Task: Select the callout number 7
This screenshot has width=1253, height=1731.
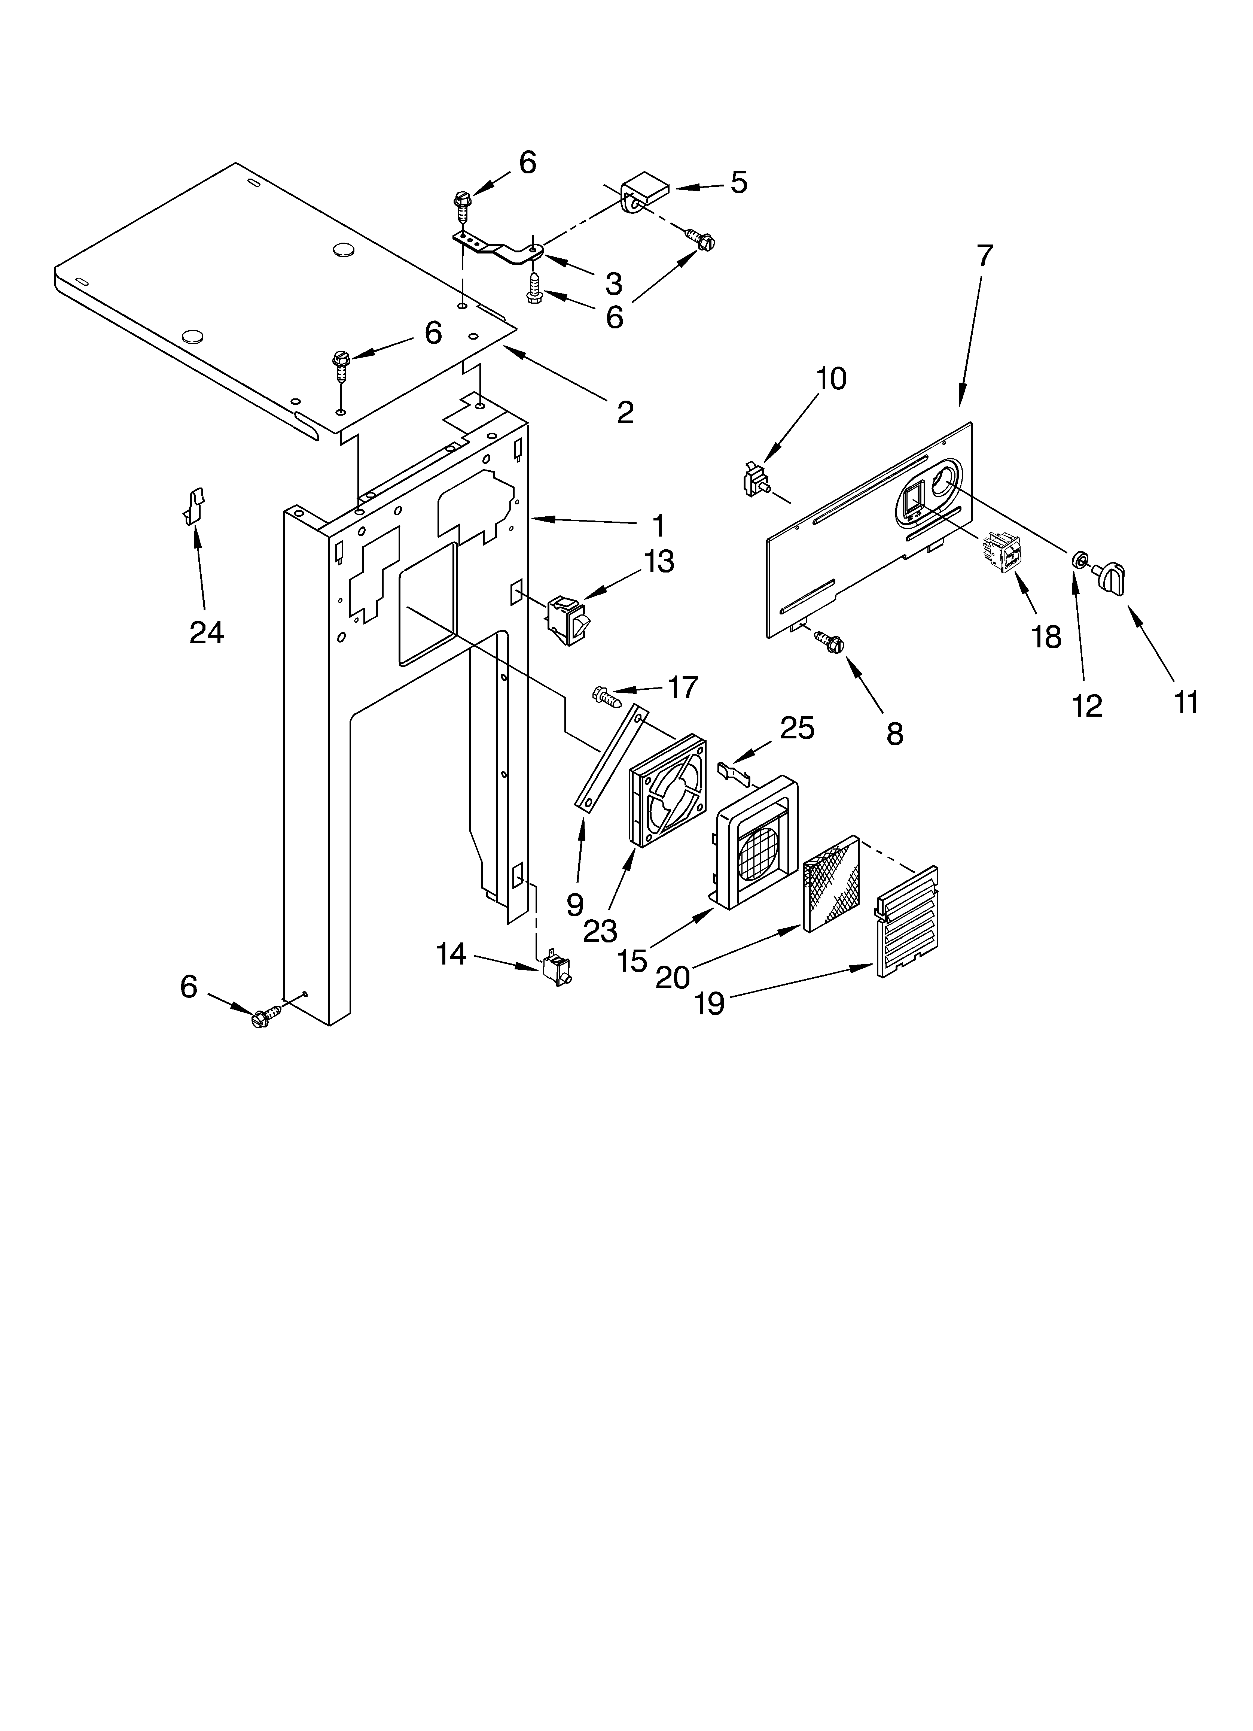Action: [x=984, y=256]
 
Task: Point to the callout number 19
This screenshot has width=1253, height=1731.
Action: [x=710, y=1003]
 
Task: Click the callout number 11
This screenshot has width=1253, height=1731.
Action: [x=1186, y=701]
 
